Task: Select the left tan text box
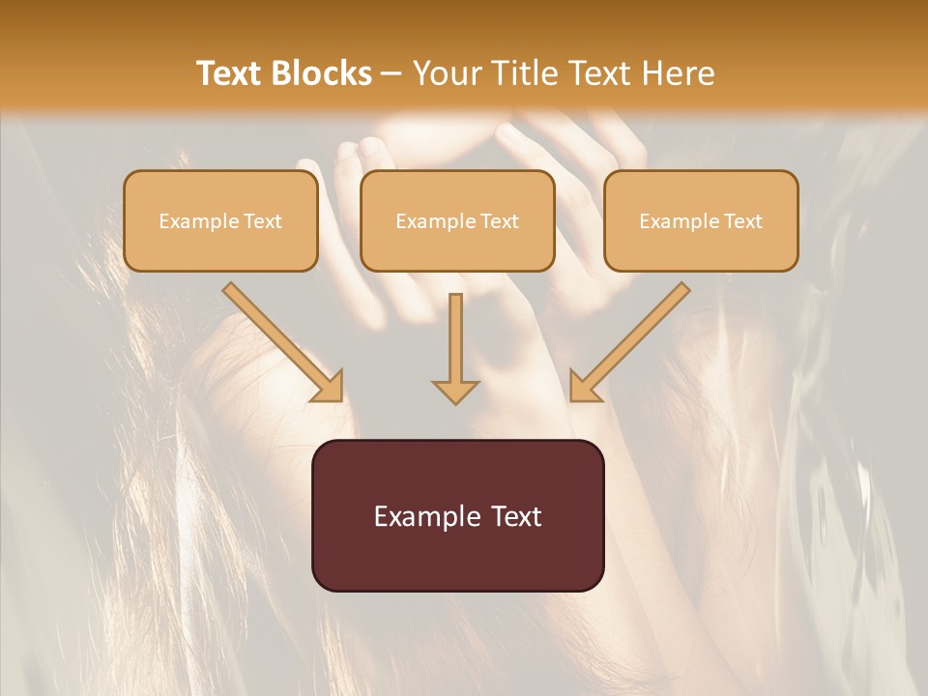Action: [x=220, y=220]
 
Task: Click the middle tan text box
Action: [x=457, y=220]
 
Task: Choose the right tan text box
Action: [x=701, y=220]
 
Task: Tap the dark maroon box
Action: [x=457, y=515]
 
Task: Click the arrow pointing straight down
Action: [x=455, y=348]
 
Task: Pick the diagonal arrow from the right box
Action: [x=629, y=342]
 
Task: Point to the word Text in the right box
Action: [x=743, y=221]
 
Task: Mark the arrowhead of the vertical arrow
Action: [x=455, y=391]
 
